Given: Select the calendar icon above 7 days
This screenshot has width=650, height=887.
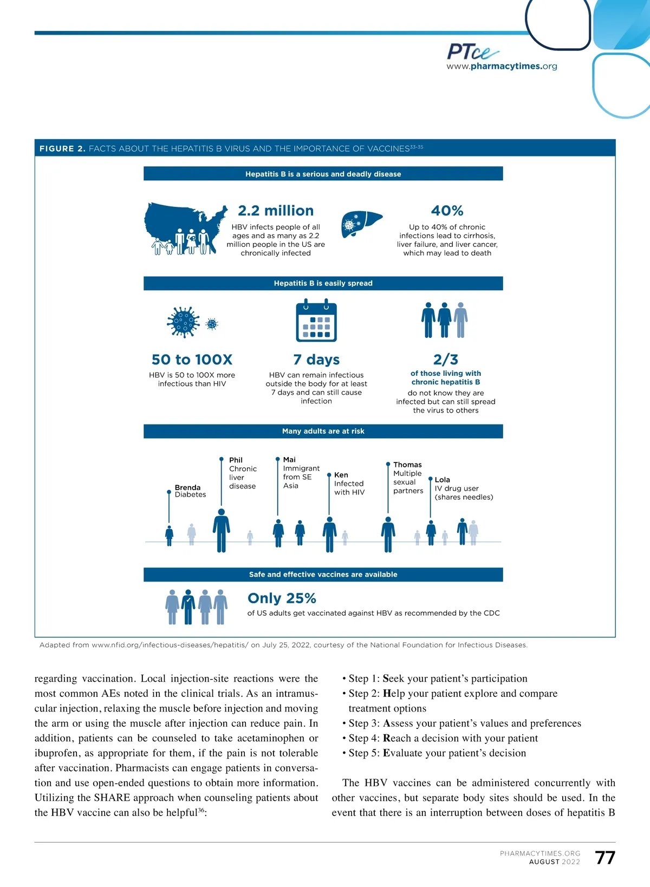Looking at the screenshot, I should tap(316, 322).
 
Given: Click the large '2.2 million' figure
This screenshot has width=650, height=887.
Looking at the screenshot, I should tap(276, 211).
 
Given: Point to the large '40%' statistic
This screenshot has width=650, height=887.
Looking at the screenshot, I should tap(447, 211).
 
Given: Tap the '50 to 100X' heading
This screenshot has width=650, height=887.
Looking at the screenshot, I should tap(192, 360).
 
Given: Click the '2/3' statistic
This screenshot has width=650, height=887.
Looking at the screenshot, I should tap(445, 360).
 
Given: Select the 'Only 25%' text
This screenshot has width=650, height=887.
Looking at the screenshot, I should tap(282, 598).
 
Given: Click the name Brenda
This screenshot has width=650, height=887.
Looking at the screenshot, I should tap(187, 487).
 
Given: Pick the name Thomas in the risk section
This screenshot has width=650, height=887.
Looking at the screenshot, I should tap(407, 465).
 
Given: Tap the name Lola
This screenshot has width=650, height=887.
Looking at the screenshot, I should tap(442, 480).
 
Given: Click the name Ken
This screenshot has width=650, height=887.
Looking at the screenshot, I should tap(341, 475).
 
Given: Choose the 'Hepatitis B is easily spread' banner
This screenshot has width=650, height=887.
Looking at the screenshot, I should tap(323, 283).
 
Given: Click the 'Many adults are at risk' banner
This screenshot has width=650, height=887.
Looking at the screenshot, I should tap(323, 431).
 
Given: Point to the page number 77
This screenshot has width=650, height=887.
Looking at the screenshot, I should tap(605, 858).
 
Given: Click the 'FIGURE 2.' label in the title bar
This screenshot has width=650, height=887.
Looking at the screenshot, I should tap(62, 148).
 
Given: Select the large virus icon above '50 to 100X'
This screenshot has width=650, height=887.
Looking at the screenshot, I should tap(183, 323).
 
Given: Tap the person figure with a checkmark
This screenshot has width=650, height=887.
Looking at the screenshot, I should tap(188, 607).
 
